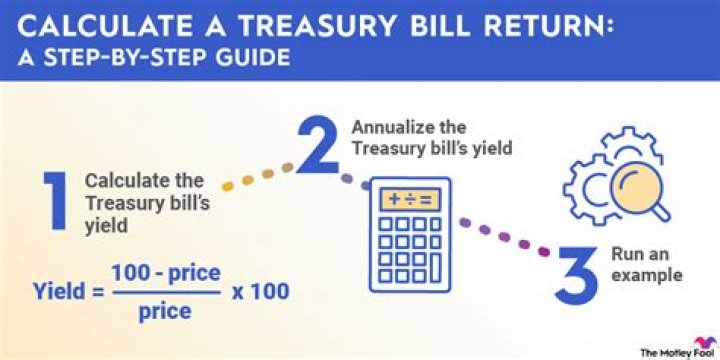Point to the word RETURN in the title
pyautogui.click(x=520, y=22)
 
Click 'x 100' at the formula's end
pyautogui.click(x=262, y=292)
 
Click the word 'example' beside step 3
pyautogui.click(x=648, y=274)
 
